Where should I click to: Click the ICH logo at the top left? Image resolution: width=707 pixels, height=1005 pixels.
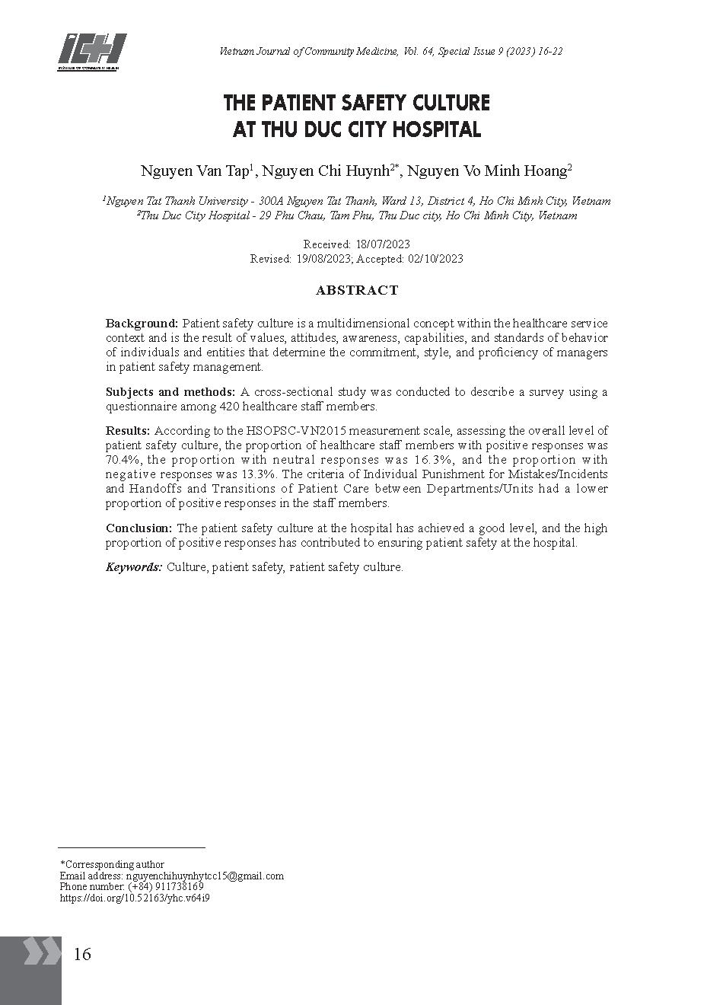(x=91, y=52)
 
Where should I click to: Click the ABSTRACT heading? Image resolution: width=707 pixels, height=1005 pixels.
(x=357, y=290)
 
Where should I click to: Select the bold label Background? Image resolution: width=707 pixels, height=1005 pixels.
(x=142, y=324)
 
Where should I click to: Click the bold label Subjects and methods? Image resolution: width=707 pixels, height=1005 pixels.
(x=170, y=392)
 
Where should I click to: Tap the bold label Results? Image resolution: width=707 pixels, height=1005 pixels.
(x=128, y=431)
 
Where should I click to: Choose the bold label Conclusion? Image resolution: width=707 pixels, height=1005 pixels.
(x=139, y=528)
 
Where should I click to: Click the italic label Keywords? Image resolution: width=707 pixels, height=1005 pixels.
(x=134, y=567)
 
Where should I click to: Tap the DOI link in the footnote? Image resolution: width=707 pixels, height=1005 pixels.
(x=135, y=898)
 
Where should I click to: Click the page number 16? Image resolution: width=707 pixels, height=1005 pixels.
(x=81, y=954)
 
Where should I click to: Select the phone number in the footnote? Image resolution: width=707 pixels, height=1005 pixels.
(x=166, y=887)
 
